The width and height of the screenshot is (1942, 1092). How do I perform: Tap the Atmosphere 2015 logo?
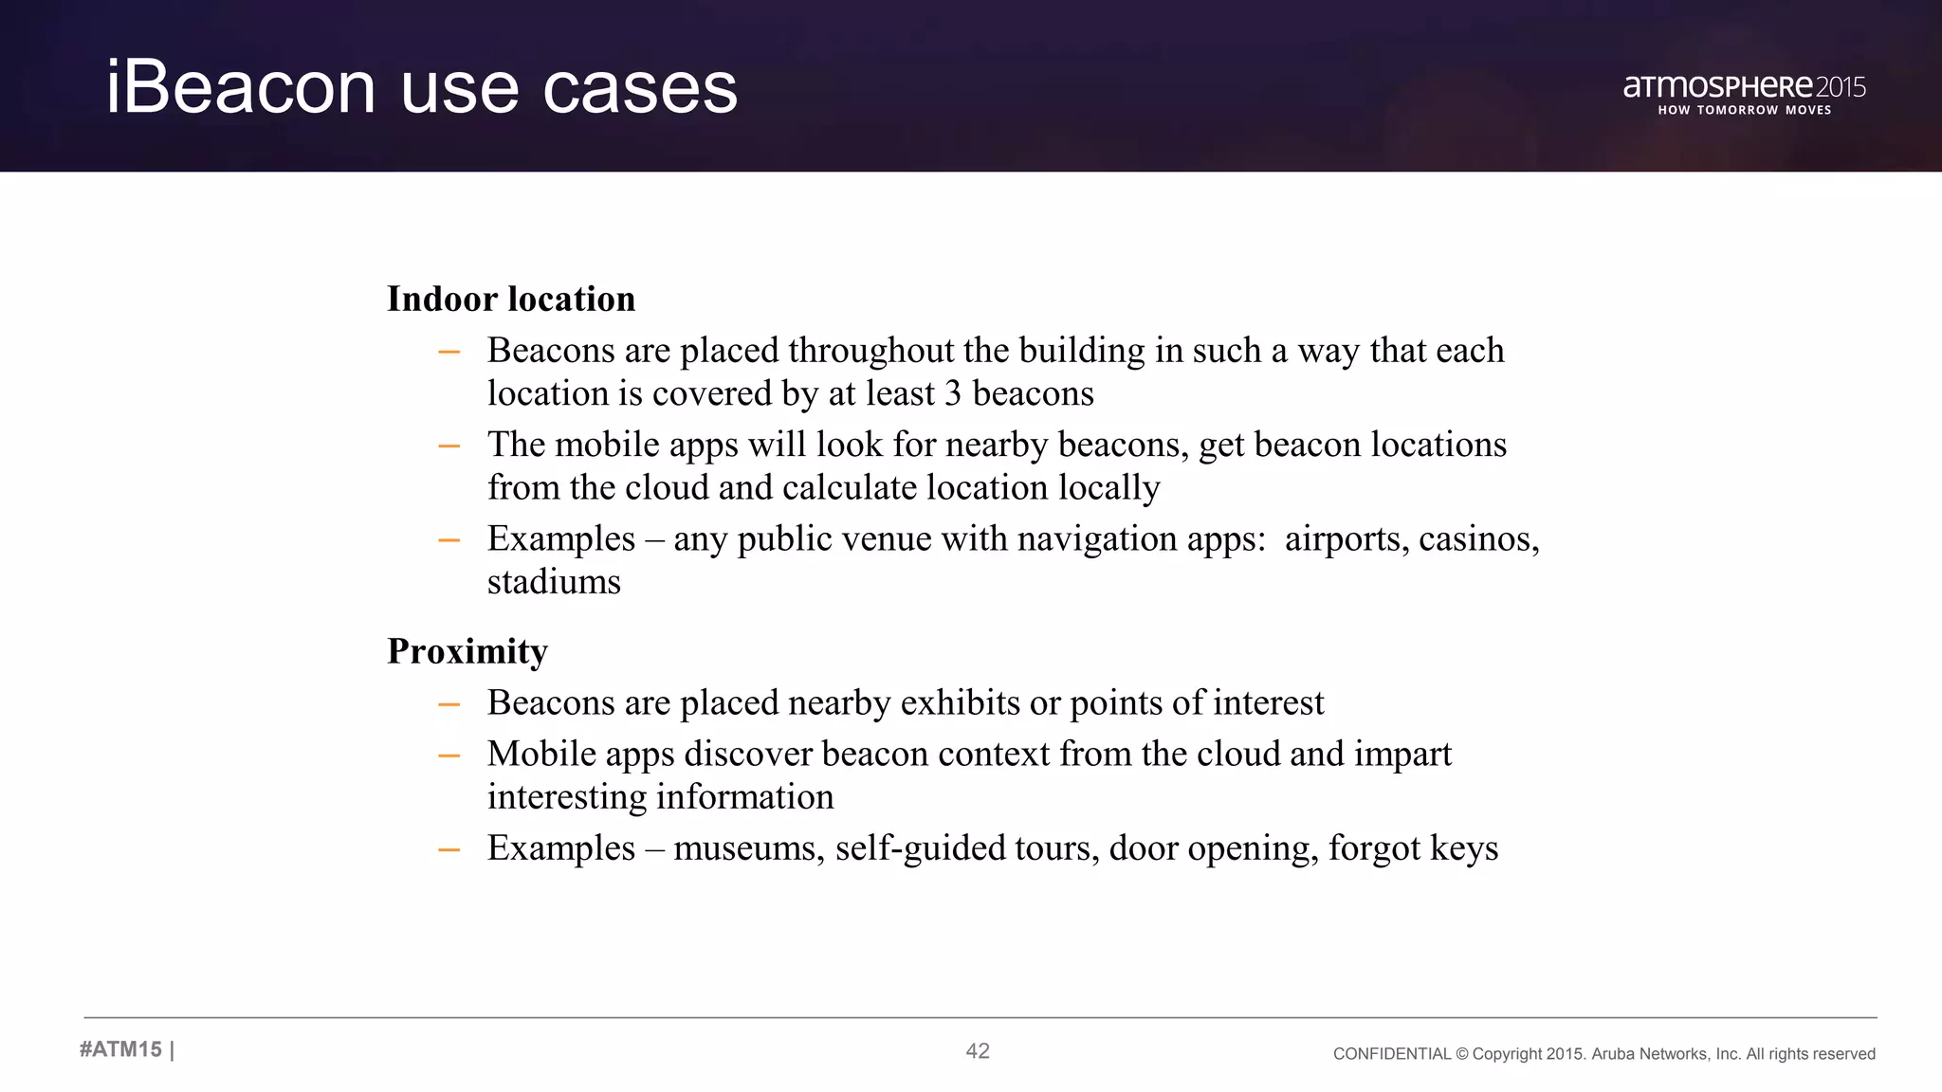tap(1744, 87)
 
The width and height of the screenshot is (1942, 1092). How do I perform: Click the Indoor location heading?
tap(511, 299)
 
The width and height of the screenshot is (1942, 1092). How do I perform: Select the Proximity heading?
tap(467, 651)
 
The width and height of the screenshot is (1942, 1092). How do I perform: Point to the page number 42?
tap(978, 1050)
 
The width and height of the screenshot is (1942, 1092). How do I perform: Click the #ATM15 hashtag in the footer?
tap(121, 1049)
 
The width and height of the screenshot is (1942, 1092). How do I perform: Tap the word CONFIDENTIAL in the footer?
tap(1391, 1054)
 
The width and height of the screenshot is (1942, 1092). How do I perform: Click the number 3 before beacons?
tap(953, 393)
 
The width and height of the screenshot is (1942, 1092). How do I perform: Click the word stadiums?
tap(554, 581)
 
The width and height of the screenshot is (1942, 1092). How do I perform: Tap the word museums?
tap(749, 847)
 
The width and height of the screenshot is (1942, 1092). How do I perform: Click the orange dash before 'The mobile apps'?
tap(449, 446)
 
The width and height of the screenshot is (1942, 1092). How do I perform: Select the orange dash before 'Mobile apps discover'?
tap(449, 755)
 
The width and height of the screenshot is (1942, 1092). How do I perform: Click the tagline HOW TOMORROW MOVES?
tap(1744, 110)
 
